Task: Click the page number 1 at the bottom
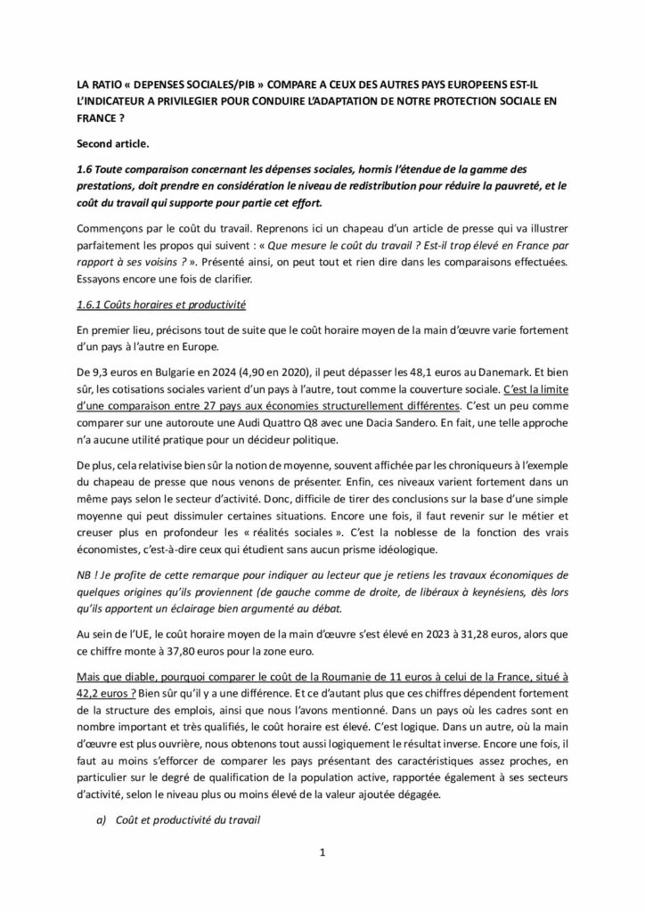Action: point(322,852)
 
